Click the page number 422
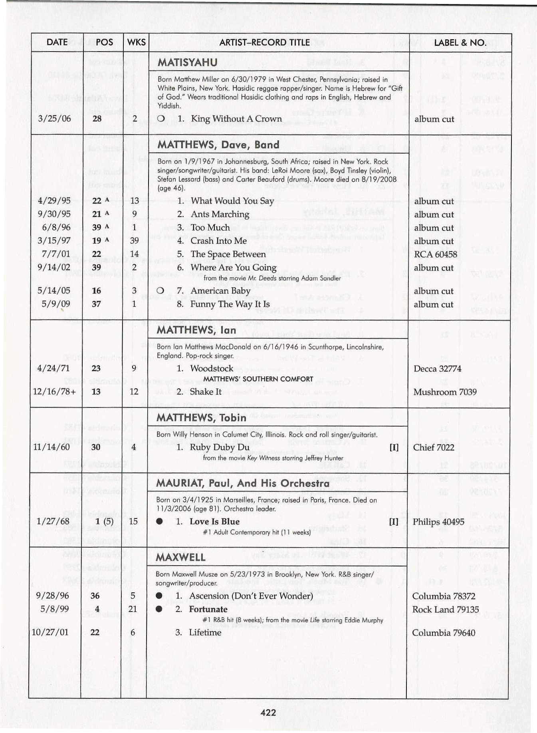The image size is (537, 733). [268, 712]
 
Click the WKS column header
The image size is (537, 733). [136, 42]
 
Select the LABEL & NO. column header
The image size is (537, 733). [460, 42]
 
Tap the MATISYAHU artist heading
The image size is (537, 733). [187, 62]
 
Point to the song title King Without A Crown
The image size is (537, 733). [236, 119]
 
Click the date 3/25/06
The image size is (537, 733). [54, 119]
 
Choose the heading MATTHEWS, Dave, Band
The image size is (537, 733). [218, 145]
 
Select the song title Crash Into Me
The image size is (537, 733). [218, 241]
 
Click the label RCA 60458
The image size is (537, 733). [435, 254]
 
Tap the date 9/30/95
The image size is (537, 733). [54, 214]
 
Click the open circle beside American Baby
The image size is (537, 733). [161, 291]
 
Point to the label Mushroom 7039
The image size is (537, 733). [444, 392]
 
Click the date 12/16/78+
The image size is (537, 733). [54, 392]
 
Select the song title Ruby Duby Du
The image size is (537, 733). [220, 447]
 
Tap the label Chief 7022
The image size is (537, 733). [434, 447]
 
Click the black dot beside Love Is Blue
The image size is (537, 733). [159, 521]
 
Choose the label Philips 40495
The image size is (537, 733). [438, 522]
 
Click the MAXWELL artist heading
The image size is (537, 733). [180, 557]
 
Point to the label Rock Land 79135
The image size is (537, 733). [445, 610]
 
